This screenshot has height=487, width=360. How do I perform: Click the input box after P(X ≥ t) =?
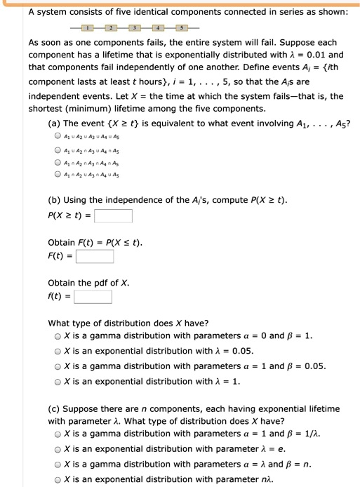click(x=114, y=216)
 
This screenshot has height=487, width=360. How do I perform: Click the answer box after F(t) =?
click(x=95, y=256)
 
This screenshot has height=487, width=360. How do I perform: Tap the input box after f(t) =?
click(x=93, y=297)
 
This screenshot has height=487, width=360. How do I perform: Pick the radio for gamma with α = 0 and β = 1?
click(x=58, y=336)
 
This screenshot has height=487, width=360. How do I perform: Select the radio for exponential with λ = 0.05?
click(x=58, y=351)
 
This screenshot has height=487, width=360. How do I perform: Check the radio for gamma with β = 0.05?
click(x=58, y=366)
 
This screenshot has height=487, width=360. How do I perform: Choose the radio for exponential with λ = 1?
click(x=58, y=381)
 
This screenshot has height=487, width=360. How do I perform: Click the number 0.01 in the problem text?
click(x=315, y=54)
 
